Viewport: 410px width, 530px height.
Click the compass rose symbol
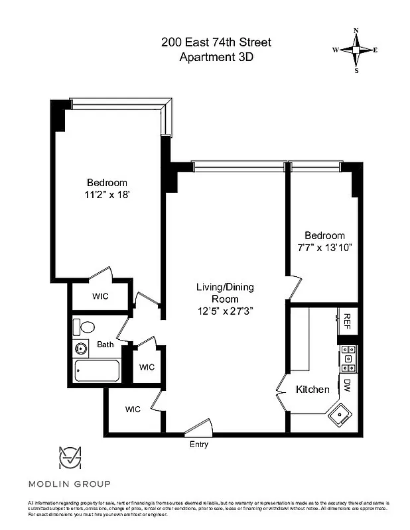[x=356, y=50]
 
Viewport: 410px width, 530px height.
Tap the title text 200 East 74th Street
[x=216, y=42]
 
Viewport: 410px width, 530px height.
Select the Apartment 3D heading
[x=216, y=57]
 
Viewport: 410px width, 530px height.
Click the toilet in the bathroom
[x=84, y=327]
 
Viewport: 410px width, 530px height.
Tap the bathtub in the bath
[x=98, y=371]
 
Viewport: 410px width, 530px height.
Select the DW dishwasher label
[x=346, y=384]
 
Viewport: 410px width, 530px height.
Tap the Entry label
[x=199, y=445]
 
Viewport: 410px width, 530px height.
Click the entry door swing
[x=199, y=428]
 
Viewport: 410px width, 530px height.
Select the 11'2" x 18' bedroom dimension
[x=107, y=195]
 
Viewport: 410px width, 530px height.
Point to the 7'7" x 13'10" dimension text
[x=324, y=247]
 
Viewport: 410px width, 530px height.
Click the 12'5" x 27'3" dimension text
[x=225, y=310]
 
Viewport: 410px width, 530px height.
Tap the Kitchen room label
[x=312, y=390]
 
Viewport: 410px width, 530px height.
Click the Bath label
[x=105, y=344]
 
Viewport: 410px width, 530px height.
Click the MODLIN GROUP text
[x=69, y=484]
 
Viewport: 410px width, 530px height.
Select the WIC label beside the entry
[x=133, y=409]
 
